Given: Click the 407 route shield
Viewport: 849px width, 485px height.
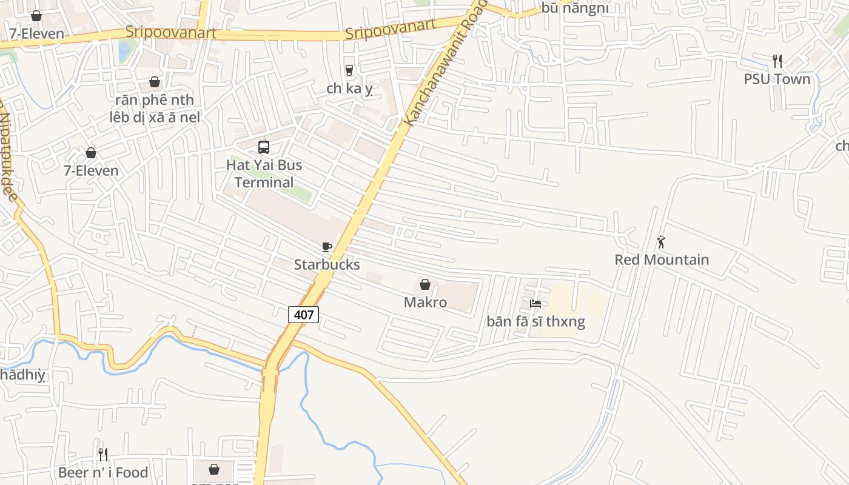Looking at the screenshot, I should [303, 314].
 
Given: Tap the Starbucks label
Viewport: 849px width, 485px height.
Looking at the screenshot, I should [327, 264].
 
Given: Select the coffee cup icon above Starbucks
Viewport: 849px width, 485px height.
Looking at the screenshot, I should [327, 247].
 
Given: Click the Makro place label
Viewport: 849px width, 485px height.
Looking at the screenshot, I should [425, 302].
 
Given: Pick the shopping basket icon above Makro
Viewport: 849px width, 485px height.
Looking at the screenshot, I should [425, 284].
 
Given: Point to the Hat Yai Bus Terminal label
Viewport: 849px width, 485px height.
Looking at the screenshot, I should [264, 173].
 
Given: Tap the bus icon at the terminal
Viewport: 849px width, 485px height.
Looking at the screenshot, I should [264, 147].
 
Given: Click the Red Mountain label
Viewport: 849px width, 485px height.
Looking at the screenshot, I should [662, 259].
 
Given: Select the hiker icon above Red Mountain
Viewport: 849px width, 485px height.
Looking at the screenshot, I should [662, 242].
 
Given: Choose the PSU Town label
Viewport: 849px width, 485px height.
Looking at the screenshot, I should [777, 79].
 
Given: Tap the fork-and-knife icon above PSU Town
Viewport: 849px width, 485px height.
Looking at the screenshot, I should [777, 61].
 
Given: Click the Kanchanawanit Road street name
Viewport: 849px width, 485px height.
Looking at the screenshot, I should [445, 64].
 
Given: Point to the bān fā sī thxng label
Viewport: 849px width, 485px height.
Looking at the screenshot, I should [536, 321].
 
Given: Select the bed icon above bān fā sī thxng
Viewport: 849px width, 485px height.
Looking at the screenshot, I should [535, 303].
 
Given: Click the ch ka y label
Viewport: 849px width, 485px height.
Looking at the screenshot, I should [349, 89].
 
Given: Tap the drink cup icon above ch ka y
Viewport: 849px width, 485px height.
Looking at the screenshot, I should [349, 70].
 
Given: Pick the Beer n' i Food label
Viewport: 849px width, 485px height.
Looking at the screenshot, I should [103, 472].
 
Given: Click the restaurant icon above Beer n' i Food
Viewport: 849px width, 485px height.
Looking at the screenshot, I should [103, 454].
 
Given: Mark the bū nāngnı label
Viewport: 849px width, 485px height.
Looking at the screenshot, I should [575, 8].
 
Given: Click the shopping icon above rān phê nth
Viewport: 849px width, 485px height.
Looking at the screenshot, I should [155, 82].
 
